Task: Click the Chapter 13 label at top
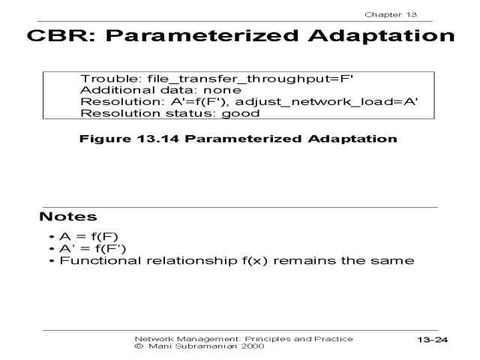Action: [x=391, y=14]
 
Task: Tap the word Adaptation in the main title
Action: [x=382, y=35]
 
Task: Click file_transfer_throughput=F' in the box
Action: [x=250, y=79]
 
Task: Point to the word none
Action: [x=222, y=90]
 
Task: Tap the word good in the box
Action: [x=241, y=113]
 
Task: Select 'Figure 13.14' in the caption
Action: [x=129, y=139]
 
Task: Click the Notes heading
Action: [x=68, y=217]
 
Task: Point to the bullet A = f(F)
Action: [x=88, y=237]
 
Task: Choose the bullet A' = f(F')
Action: [x=93, y=248]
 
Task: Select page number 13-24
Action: [x=433, y=340]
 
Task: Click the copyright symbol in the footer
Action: [x=139, y=346]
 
